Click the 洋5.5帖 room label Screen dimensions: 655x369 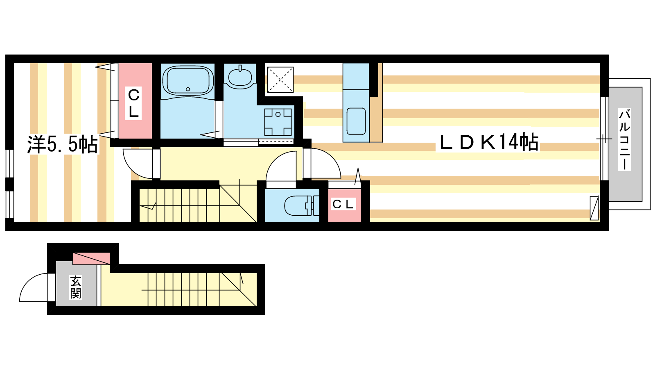[x=63, y=144]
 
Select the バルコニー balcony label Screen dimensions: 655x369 [x=624, y=139]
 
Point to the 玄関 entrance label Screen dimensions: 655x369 [x=75, y=287]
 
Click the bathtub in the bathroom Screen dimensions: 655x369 [x=188, y=80]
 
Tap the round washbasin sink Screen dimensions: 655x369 [x=240, y=77]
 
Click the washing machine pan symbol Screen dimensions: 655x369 [x=278, y=122]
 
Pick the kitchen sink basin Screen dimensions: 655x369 [x=356, y=121]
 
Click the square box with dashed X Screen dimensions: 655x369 [x=280, y=80]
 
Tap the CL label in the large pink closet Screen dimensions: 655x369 [x=133, y=103]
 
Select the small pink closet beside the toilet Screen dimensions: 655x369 [x=344, y=205]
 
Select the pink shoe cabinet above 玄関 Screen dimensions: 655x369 [x=92, y=259]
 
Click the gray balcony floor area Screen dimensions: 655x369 [x=626, y=144]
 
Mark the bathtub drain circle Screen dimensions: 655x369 [x=188, y=89]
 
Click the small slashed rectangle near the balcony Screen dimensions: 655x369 [x=594, y=208]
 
